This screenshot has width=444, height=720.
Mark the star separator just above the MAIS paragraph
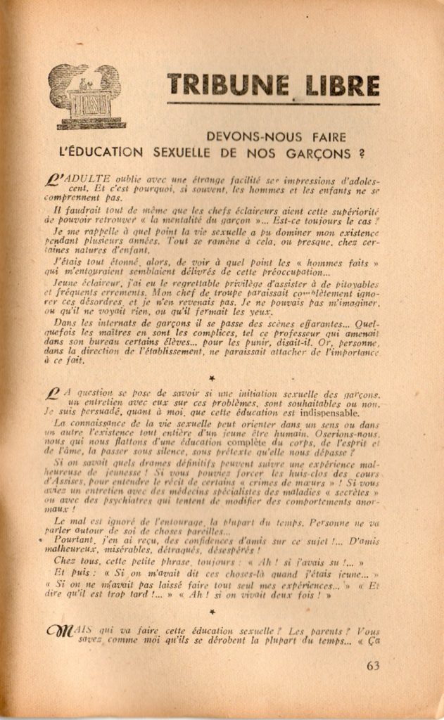212,612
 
